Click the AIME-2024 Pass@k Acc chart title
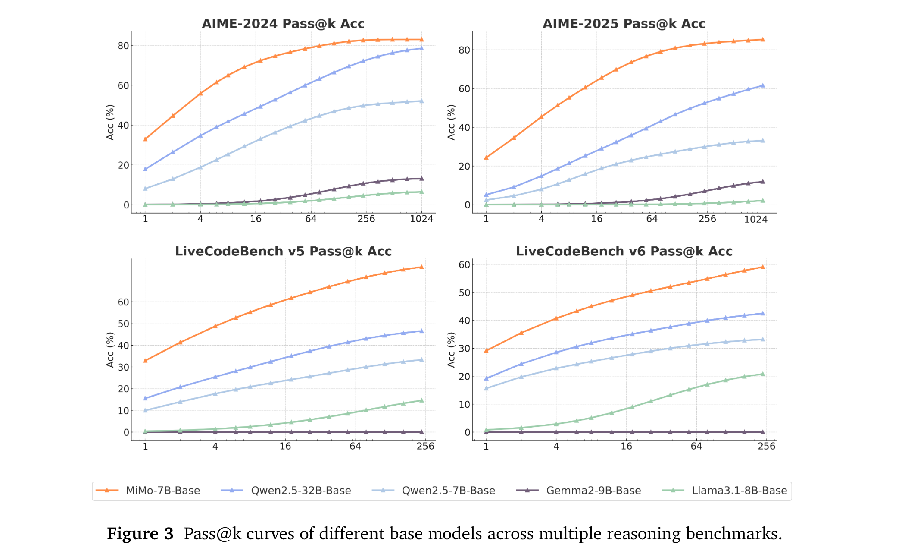[x=283, y=24]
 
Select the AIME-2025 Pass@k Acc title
[x=624, y=24]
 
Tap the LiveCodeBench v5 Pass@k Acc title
[x=283, y=251]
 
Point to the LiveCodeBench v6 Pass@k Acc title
[x=624, y=251]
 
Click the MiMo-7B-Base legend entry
[x=162, y=491]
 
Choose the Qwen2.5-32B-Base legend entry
[x=301, y=491]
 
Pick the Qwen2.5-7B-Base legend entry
[x=448, y=491]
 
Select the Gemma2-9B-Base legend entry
[x=593, y=491]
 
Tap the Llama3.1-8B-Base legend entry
[x=739, y=491]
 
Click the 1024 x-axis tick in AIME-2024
[x=421, y=219]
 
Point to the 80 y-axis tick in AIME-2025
[x=464, y=50]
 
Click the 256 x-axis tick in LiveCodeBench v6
[x=766, y=446]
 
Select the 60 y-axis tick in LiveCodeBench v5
[x=123, y=302]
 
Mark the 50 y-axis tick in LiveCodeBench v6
[x=464, y=293]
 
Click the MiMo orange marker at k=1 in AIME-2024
[x=145, y=139]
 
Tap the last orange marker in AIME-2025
[x=762, y=39]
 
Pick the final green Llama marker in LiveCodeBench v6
[x=762, y=374]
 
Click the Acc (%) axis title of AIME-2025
[x=451, y=122]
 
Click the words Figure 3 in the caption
[x=140, y=534]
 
